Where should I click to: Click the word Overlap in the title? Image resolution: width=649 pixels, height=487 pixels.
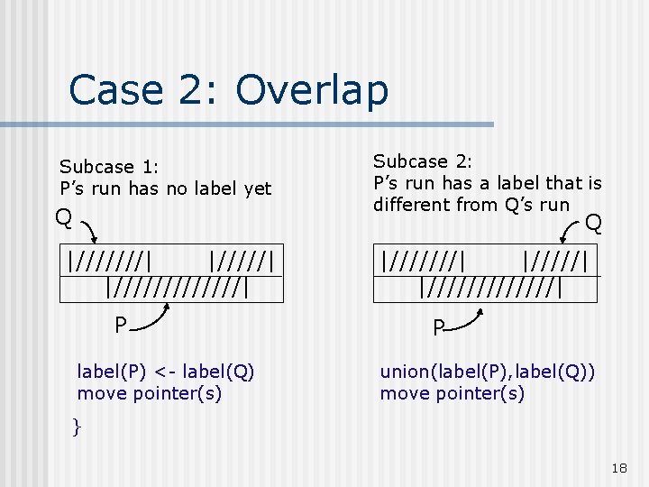311,90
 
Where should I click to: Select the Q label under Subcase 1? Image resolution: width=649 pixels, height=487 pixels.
63,217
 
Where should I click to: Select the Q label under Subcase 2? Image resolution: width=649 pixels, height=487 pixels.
593,222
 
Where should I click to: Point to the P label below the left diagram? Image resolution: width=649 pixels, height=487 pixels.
119,325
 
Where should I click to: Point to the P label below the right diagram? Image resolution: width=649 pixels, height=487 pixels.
438,328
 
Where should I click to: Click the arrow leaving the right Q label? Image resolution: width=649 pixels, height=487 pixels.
571,233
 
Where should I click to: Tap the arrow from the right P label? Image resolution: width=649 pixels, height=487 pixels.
469,320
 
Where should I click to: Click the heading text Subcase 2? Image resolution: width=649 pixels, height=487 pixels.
423,161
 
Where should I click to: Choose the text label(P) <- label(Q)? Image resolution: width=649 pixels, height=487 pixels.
166,372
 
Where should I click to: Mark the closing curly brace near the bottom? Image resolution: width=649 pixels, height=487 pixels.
77,426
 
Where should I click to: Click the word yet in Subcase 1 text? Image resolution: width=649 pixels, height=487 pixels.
256,188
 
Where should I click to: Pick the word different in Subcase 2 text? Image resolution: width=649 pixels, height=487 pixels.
413,205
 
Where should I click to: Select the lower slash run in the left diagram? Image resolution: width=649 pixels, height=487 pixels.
177,287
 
